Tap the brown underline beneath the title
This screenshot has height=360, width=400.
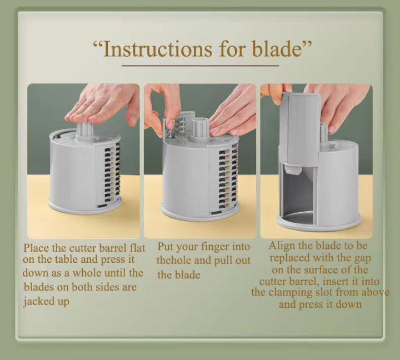click(x=200, y=66)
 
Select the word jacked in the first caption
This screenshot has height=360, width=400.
click(x=39, y=302)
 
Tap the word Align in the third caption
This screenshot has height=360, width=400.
click(x=282, y=246)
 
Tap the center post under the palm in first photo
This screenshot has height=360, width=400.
click(x=85, y=131)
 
